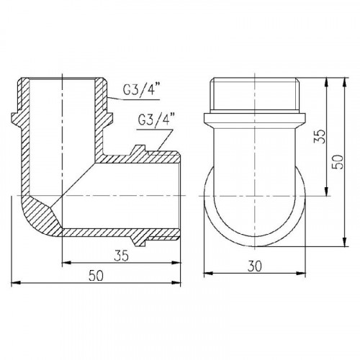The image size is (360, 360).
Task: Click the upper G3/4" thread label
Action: coord(141,89)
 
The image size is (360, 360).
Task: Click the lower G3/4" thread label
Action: coord(156,120)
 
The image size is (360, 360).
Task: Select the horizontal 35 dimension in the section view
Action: coord(121,256)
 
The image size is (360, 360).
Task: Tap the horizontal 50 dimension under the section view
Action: coord(96,276)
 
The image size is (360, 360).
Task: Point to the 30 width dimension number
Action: coord(255,266)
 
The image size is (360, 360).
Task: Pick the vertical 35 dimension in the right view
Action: coord(320,136)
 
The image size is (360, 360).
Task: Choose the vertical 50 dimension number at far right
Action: coord(338,161)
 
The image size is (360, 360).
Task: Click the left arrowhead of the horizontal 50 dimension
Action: coord(15,283)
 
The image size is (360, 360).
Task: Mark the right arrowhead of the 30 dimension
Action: coord(302,274)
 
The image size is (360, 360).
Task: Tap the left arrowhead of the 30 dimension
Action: coord(208,274)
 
